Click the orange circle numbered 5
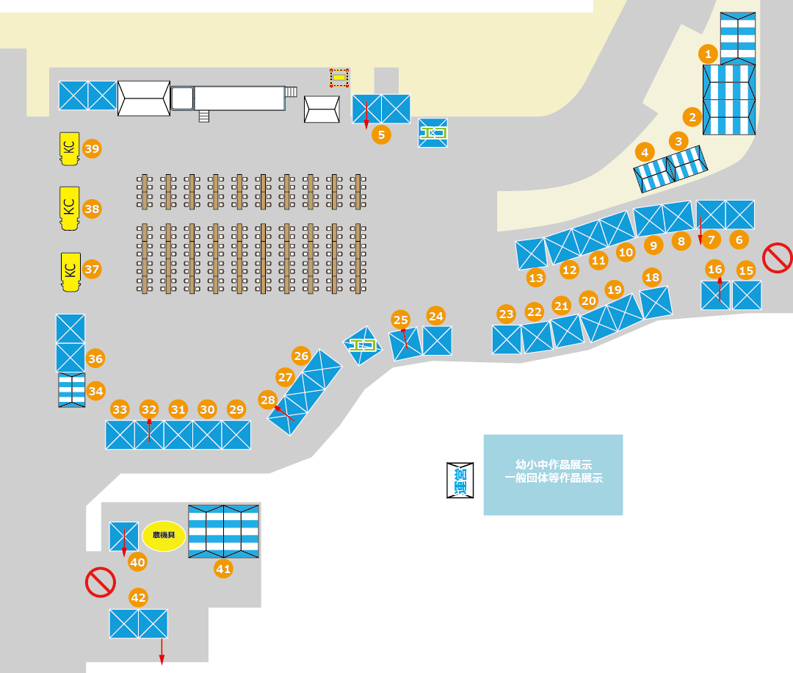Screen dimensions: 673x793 click(381, 134)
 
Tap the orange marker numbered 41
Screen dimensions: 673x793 click(223, 568)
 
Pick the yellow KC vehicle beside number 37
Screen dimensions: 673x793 click(70, 271)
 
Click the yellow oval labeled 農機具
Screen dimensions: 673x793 click(164, 536)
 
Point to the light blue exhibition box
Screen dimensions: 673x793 click(553, 475)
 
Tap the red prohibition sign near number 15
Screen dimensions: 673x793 click(777, 258)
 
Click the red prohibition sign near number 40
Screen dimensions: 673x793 click(101, 582)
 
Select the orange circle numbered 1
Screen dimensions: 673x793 click(708, 54)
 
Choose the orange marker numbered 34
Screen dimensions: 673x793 click(95, 391)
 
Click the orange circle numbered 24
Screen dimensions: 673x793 click(436, 316)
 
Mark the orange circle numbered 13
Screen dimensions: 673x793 click(536, 278)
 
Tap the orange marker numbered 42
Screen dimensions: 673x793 click(138, 597)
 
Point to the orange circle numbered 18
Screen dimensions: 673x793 click(651, 277)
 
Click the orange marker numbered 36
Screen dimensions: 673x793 click(95, 359)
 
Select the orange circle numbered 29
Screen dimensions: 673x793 click(236, 409)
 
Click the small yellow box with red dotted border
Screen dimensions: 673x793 click(339, 77)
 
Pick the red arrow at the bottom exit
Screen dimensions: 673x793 click(162, 652)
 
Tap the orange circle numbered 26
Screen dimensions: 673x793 click(301, 356)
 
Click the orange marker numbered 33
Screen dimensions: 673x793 click(120, 409)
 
